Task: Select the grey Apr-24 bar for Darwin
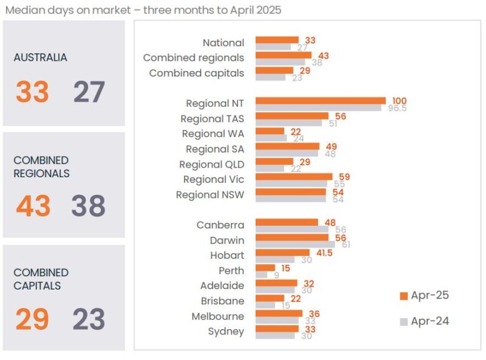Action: pos(295,244)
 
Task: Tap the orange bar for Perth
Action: pos(265,268)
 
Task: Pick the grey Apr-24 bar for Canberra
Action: pos(292,229)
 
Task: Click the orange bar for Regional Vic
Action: pos(293,177)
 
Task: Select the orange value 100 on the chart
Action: pos(399,101)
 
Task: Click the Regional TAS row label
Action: pos(212,119)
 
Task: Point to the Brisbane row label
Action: pos(222,301)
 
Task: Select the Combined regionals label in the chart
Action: pos(193,58)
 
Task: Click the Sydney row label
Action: pos(225,331)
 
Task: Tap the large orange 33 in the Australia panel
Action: pos(32,92)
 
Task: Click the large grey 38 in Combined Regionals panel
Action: pos(89,206)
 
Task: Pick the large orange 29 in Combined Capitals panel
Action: pos(32,319)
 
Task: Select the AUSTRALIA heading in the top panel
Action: pos(40,58)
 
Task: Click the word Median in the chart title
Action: pos(24,10)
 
